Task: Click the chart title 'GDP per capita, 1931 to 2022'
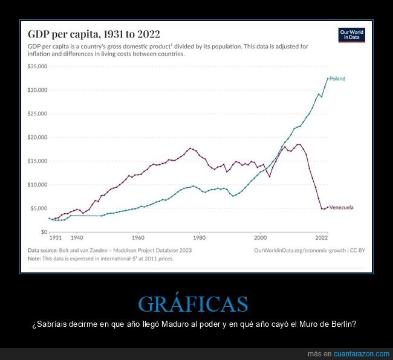94,34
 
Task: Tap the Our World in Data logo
352,34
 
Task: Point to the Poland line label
337,79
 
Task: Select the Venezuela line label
342,207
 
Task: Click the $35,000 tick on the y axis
37,66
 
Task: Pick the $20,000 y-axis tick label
37,137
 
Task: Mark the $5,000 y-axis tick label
39,208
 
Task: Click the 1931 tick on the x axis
55,239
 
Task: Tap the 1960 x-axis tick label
138,239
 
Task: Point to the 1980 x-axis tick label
200,239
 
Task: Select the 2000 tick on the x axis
261,239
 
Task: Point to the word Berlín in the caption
343,324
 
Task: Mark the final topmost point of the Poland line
328,78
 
